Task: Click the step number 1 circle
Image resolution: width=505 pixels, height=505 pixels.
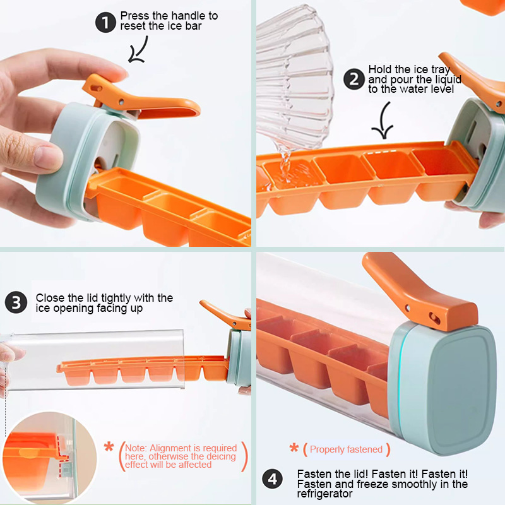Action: tap(105, 22)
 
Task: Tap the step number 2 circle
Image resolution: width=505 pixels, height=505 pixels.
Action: tap(354, 79)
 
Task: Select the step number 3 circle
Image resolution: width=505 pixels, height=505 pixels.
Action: tap(16, 302)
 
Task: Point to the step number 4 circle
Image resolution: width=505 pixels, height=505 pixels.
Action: tap(272, 478)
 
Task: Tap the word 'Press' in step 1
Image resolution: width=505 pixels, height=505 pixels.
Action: tap(134, 16)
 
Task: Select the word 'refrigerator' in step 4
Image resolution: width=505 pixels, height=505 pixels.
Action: tap(324, 494)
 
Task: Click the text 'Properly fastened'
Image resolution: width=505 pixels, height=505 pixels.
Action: tap(346, 449)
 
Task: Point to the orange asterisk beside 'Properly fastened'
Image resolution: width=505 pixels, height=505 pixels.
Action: tap(294, 448)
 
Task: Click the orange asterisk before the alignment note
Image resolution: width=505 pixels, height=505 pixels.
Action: tap(109, 447)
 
